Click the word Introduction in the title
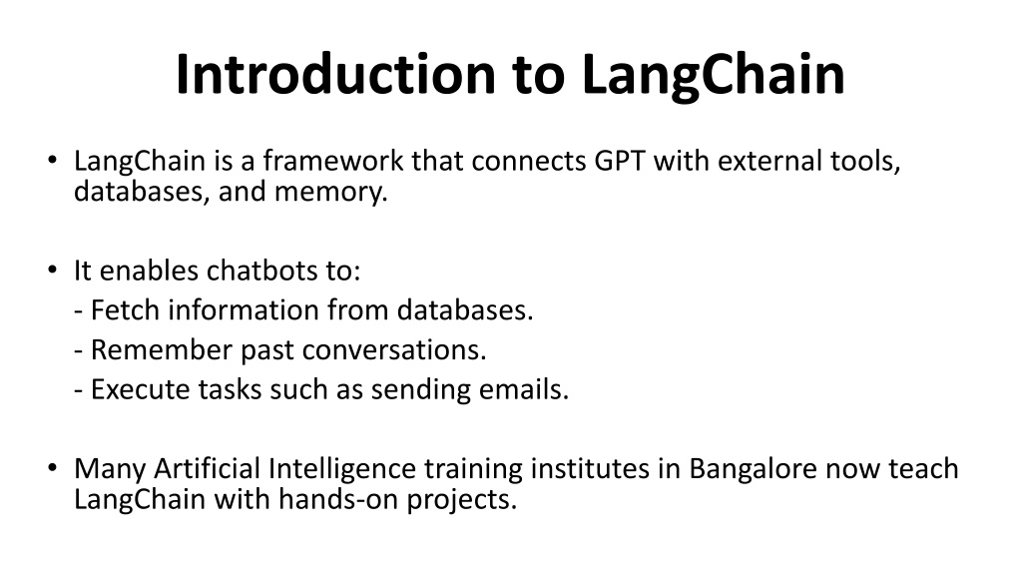(x=335, y=74)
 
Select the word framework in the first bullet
(x=333, y=161)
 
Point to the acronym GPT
(x=619, y=161)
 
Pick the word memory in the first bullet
(x=330, y=193)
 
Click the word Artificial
(x=207, y=469)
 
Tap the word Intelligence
(x=342, y=469)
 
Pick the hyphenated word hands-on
(x=338, y=500)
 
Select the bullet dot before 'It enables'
(x=53, y=270)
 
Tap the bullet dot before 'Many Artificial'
(x=53, y=468)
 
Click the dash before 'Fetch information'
(x=78, y=312)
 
